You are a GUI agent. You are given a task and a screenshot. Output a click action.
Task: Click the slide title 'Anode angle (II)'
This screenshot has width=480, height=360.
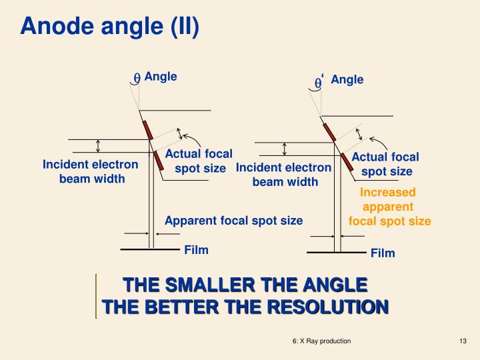coord(109,26)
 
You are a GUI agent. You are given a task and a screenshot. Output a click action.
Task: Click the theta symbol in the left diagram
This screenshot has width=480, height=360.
coord(137,78)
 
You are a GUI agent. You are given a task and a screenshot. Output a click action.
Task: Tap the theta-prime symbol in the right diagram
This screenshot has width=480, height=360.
coord(319,82)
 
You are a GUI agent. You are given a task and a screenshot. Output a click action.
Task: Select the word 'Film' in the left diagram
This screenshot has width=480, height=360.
coord(196,250)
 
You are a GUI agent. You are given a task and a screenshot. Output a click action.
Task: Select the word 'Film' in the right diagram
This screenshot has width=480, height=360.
coord(383,253)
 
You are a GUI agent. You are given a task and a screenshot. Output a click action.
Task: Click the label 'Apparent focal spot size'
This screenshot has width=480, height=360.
coord(234,221)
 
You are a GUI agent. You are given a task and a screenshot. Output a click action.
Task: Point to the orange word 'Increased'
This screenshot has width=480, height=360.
coord(387,192)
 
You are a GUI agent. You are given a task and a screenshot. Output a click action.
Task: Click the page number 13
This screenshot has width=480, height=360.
coord(463,341)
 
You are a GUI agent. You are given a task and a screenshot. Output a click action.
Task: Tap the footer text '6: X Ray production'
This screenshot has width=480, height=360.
coord(322,341)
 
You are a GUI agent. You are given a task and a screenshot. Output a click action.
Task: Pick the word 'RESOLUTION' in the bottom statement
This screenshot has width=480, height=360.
coord(328,307)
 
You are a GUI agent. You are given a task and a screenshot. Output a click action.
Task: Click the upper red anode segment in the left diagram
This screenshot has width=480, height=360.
coord(147,131)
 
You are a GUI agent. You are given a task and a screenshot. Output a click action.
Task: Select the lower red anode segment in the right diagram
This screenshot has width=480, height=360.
coord(347,162)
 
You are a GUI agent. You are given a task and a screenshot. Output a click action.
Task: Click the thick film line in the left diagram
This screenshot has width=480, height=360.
coord(150,249)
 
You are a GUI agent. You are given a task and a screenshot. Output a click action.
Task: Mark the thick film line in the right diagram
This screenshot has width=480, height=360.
coord(337,253)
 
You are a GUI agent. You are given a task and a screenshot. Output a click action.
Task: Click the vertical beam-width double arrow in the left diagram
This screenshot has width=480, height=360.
coord(98,146)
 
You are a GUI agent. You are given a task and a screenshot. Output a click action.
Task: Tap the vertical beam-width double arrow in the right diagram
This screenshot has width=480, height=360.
coord(285,149)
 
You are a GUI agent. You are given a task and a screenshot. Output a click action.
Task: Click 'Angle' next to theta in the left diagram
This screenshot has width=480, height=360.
coord(161,77)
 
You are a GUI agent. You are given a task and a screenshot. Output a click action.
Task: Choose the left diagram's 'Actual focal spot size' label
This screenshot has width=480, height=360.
coord(199,161)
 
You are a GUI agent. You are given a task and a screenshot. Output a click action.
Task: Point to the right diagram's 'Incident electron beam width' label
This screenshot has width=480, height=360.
coord(284,175)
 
